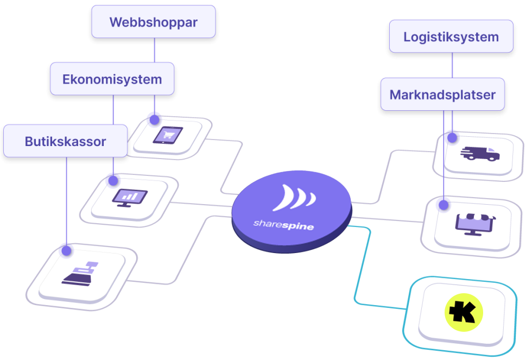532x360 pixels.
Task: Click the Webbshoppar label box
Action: (x=153, y=22)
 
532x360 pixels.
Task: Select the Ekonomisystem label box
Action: (x=112, y=79)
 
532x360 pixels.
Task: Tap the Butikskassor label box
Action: (x=65, y=142)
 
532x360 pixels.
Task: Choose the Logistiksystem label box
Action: (x=451, y=37)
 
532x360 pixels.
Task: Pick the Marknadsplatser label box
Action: (x=442, y=94)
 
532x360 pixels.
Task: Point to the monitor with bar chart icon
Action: (x=129, y=197)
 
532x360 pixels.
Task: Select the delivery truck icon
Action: (x=479, y=154)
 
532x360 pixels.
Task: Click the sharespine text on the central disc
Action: (x=283, y=224)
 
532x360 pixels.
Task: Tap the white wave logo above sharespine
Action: (x=294, y=198)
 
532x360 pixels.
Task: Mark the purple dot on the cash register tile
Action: (x=66, y=249)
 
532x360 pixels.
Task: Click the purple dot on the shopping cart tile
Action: (x=154, y=117)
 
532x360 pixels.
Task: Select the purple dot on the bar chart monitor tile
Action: (x=112, y=179)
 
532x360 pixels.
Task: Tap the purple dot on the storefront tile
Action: (x=444, y=204)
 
